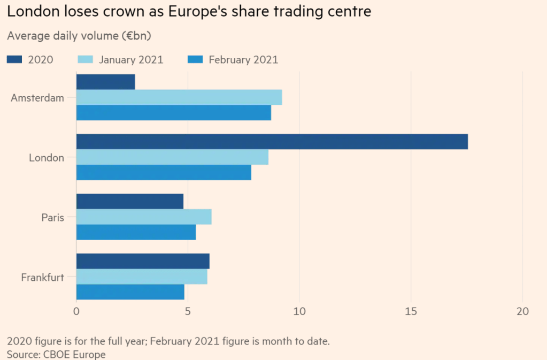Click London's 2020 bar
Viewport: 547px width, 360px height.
click(x=272, y=142)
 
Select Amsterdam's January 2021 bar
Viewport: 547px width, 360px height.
click(x=179, y=97)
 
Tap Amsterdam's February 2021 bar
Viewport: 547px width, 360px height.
click(x=174, y=113)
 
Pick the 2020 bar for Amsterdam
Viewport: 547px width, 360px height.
click(x=105, y=82)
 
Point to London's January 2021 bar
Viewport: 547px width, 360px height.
click(x=172, y=157)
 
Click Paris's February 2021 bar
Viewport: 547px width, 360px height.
click(x=136, y=232)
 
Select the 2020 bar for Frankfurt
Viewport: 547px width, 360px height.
click(x=143, y=262)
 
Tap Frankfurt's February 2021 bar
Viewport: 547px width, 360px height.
click(x=130, y=292)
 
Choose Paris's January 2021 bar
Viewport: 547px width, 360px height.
click(x=144, y=217)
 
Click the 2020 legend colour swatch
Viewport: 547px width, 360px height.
click(x=14, y=60)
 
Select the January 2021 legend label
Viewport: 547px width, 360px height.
click(x=131, y=60)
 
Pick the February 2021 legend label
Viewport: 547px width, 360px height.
click(x=243, y=60)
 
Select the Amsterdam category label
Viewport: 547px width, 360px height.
click(x=37, y=98)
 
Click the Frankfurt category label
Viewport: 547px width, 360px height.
click(x=43, y=277)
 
